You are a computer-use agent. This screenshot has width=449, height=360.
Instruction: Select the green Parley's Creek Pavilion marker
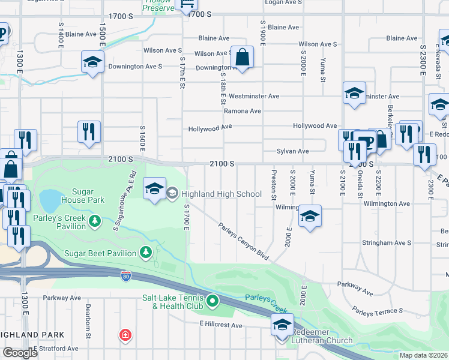[x=94, y=222]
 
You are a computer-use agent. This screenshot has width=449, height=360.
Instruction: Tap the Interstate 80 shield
[x=125, y=275]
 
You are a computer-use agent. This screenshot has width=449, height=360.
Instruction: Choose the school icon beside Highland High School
[x=154, y=189]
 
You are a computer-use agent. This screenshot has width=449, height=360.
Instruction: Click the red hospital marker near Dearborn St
[x=125, y=334]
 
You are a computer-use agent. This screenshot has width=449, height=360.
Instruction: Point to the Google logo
[x=20, y=353]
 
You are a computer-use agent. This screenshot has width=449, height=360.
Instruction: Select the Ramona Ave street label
[x=243, y=111]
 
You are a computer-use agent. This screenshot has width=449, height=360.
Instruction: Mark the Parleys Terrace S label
[x=378, y=311]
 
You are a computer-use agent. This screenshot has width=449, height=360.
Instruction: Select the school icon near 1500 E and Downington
[x=92, y=62]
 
